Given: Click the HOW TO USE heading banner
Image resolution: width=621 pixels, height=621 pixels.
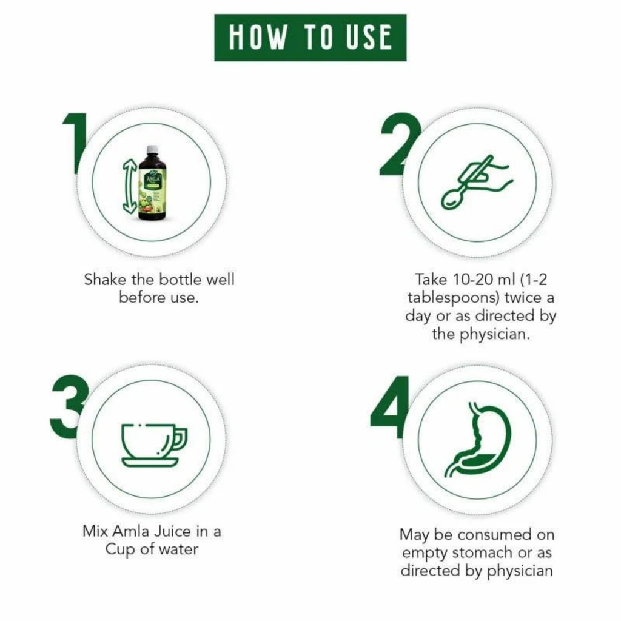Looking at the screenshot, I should click(310, 38).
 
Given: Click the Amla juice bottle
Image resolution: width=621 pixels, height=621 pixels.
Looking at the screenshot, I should click(152, 184).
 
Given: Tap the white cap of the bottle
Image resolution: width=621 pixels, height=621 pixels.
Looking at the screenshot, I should click(152, 149).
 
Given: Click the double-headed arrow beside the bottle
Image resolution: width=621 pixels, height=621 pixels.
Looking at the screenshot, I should click(129, 185).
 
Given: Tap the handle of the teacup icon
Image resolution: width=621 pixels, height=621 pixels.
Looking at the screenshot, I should click(180, 438).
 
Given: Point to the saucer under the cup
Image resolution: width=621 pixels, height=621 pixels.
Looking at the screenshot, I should click(150, 463).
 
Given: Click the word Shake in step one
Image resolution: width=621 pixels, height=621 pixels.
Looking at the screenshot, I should click(104, 280).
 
